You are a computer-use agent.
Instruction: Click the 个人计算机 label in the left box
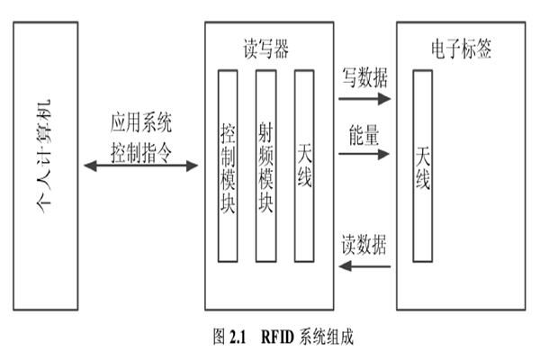(44, 162)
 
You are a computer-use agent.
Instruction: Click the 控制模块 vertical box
(228, 166)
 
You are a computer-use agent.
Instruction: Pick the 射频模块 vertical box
(265, 166)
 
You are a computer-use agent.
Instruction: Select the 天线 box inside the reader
(303, 166)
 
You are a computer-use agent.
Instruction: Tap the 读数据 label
(364, 245)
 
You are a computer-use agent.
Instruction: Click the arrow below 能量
(364, 154)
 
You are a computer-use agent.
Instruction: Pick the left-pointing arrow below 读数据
(364, 266)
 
